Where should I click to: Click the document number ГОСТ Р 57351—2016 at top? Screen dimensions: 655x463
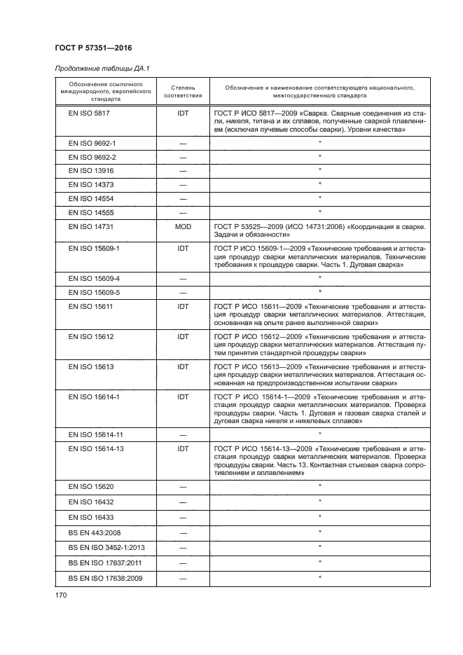[93, 48]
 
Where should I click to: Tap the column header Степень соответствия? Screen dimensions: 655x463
[183, 92]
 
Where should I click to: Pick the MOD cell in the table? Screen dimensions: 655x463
[183, 228]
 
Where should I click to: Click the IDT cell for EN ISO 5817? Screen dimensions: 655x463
[183, 113]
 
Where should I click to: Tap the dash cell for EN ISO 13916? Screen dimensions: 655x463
[183, 170]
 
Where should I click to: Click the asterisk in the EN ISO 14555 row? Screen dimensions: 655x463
[319, 212]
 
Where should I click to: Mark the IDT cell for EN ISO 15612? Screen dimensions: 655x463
[183, 337]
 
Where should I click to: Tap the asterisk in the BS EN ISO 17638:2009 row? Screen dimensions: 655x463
[319, 577]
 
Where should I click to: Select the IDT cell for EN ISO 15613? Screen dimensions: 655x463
[183, 366]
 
